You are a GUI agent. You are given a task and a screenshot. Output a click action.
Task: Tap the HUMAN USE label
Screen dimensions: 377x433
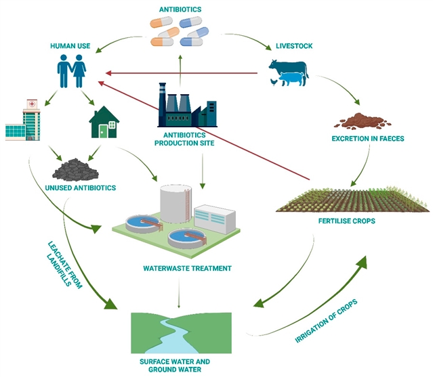pyautogui.click(x=71, y=46)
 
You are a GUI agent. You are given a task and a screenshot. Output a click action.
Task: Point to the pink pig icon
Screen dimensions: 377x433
pyautogui.click(x=292, y=80)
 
